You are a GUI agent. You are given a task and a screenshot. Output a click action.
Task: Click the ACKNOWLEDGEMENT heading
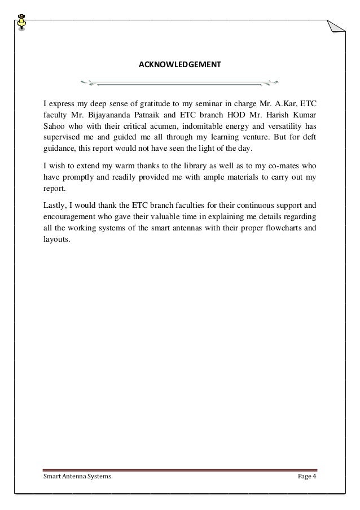tap(179, 65)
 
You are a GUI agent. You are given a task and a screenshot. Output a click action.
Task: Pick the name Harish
tap(280, 116)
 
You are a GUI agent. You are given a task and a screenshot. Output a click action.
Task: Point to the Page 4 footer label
tap(308, 477)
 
